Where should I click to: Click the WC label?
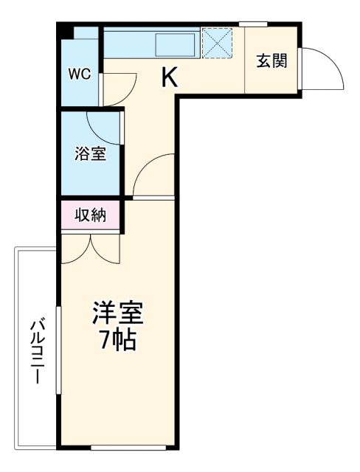point(79,74)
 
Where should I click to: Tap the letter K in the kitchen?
point(170,76)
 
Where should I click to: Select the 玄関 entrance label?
point(271,61)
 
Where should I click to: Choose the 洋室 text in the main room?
point(117,313)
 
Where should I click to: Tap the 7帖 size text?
point(117,341)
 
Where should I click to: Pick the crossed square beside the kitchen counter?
point(217,42)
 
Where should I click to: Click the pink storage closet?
point(91,216)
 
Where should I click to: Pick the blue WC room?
point(79,70)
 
